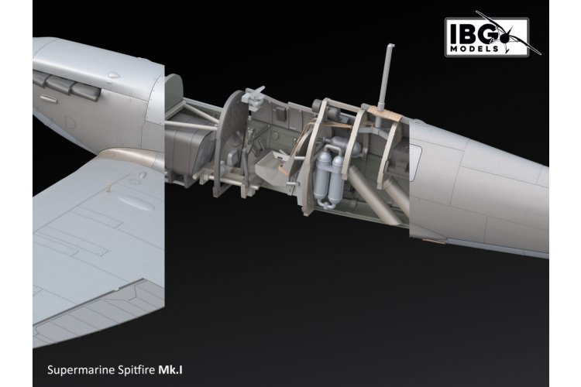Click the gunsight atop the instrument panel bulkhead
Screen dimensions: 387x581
coord(253,97)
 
